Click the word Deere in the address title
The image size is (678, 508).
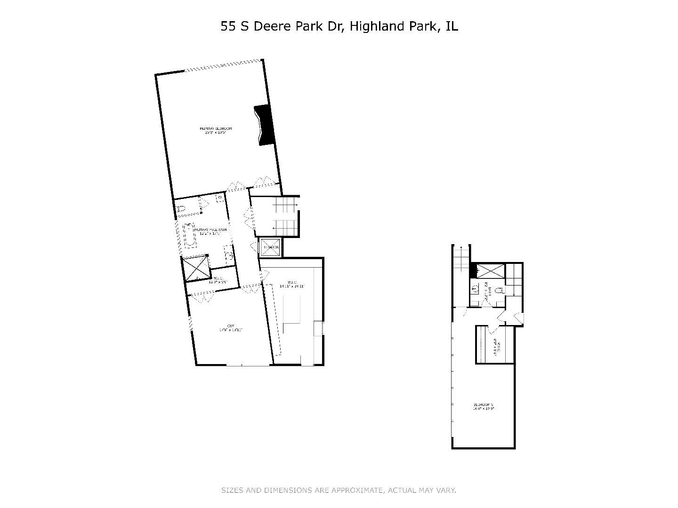[x=273, y=26]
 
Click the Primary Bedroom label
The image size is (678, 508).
[x=216, y=130]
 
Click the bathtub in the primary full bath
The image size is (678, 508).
[x=190, y=235]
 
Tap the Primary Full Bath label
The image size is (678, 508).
[x=210, y=231]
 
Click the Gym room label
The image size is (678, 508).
[x=230, y=328]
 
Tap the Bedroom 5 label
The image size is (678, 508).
[x=483, y=406]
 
